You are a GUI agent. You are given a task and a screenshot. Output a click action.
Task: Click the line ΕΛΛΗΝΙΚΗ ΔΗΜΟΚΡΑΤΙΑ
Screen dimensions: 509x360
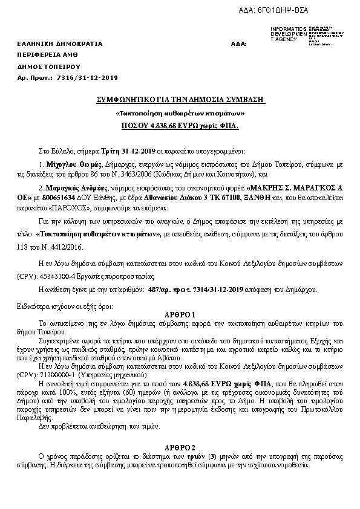pyautogui.click(x=60, y=44)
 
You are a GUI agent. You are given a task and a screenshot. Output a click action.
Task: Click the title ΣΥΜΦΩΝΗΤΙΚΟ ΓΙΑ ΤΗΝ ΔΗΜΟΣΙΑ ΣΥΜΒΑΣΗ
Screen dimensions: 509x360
pyautogui.click(x=182, y=100)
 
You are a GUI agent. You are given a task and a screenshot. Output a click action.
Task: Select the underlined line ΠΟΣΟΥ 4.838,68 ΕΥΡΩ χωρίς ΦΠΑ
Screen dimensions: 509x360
pyautogui.click(x=180, y=126)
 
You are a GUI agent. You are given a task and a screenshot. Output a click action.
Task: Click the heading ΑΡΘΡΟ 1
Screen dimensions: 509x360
pyautogui.click(x=180, y=315)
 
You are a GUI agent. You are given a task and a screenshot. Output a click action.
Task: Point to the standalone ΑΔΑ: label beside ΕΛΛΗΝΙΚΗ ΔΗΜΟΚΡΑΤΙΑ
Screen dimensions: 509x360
pyautogui.click(x=238, y=44)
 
